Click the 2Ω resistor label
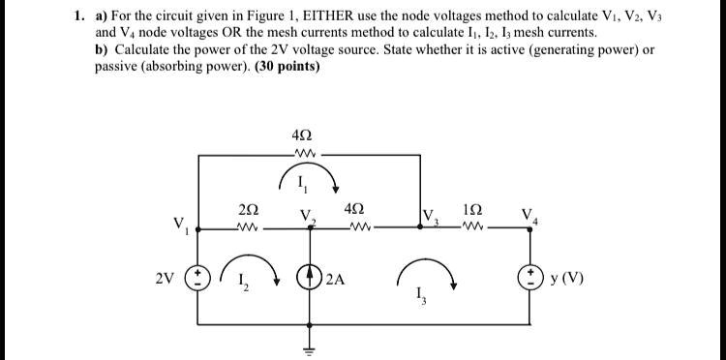coord(246,209)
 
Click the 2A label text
coord(337,281)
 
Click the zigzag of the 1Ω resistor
coord(473,229)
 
